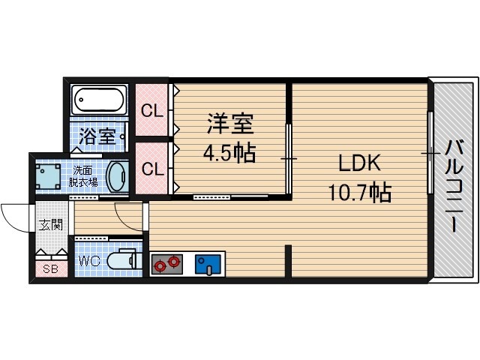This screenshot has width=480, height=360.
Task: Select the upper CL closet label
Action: pyautogui.click(x=152, y=111)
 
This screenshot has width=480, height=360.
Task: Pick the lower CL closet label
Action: pyautogui.click(x=152, y=169)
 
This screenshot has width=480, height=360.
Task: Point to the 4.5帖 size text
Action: pyautogui.click(x=229, y=154)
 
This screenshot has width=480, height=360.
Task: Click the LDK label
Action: pyautogui.click(x=359, y=163)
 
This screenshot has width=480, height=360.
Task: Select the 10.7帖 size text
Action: pyautogui.click(x=359, y=193)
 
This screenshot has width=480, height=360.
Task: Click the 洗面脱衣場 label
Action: pyautogui.click(x=83, y=175)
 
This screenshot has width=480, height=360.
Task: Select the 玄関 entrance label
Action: pyautogui.click(x=51, y=223)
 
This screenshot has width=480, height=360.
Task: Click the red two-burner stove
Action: pyautogui.click(x=166, y=263)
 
